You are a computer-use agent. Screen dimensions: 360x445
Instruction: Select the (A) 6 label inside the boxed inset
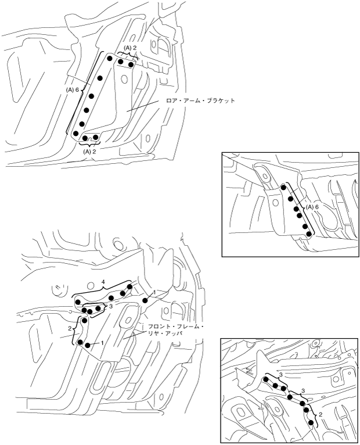coord(314,207)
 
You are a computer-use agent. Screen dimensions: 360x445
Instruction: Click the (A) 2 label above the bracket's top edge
coord(129,48)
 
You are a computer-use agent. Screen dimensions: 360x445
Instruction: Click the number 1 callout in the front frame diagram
coord(102,343)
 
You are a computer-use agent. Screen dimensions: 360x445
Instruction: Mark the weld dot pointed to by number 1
coord(88,345)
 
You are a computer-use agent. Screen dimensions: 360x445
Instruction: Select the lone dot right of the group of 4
coord(147,300)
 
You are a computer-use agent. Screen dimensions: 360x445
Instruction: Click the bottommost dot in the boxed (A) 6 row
coord(309,234)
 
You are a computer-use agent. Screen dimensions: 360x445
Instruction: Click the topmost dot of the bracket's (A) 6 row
coord(109,59)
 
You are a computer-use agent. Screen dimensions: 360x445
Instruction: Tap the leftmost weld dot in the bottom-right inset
coord(265,379)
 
